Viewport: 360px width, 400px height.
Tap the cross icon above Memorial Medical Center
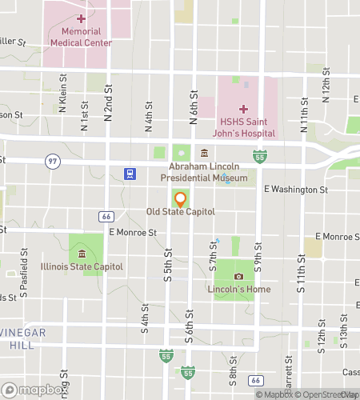point(81,18)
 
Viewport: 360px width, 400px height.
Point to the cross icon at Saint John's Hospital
point(243,108)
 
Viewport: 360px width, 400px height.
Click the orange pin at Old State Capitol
point(180,199)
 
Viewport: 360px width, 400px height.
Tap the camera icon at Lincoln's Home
point(238,277)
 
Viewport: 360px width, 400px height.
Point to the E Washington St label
point(296,190)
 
